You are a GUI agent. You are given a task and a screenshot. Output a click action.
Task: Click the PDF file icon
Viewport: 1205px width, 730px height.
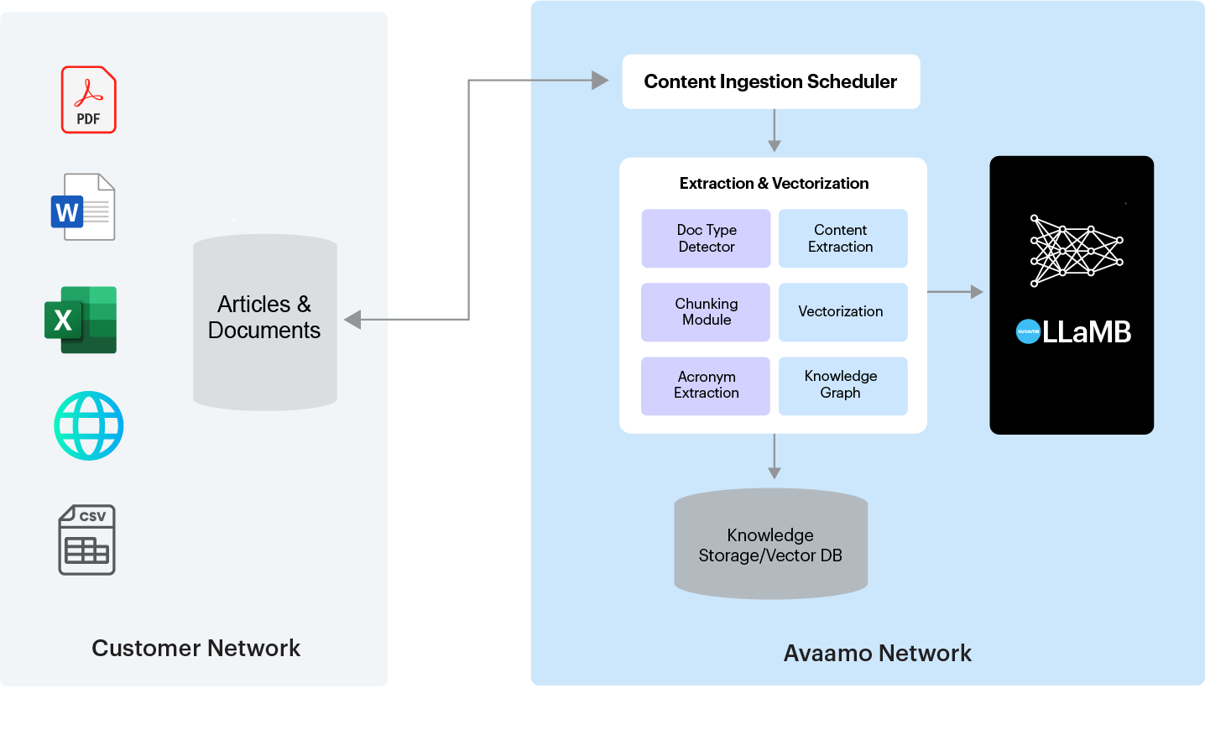point(88,100)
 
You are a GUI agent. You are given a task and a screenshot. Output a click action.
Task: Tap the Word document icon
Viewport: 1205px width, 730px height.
point(83,206)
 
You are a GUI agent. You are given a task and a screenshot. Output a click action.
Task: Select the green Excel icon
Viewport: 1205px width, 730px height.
point(81,320)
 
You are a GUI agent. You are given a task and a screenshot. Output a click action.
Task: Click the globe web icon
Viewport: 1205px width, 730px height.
point(89,425)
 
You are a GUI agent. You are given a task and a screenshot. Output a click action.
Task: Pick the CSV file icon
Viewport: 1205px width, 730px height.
point(86,540)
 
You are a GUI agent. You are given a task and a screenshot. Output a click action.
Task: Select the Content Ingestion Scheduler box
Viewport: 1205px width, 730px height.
point(771,81)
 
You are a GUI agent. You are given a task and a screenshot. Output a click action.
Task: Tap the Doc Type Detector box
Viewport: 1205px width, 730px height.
point(706,238)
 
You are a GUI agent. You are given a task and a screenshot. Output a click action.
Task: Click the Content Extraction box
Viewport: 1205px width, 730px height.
point(843,238)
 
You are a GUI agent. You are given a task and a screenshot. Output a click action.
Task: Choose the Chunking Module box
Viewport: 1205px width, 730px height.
point(706,312)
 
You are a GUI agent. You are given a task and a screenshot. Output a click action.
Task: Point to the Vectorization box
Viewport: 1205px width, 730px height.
point(843,312)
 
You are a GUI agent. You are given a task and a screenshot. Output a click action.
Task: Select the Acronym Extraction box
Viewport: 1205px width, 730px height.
point(706,386)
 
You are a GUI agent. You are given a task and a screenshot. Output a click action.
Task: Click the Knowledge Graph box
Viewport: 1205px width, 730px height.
point(843,386)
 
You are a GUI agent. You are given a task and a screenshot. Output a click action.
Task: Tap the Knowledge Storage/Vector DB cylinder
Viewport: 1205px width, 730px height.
point(771,544)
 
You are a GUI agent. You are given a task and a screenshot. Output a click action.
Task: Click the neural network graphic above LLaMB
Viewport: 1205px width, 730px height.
point(1077,251)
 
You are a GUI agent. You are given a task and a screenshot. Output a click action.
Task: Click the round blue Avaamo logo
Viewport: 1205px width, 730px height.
point(1028,331)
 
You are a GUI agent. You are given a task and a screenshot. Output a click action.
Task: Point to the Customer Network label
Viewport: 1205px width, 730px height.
point(196,648)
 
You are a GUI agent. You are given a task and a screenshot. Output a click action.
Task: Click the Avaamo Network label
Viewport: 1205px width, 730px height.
point(878,653)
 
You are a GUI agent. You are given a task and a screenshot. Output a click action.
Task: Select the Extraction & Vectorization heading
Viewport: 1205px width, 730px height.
point(774,184)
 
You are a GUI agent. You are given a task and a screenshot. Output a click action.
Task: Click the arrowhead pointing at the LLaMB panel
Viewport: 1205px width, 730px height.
point(977,291)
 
